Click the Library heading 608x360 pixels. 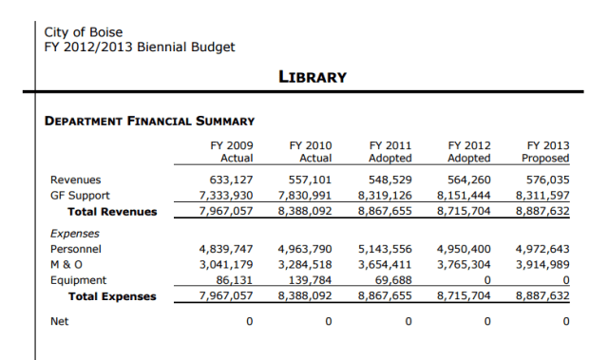312,77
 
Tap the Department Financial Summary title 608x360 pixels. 149,121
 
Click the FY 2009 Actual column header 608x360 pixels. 231,152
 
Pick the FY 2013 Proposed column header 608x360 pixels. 547,152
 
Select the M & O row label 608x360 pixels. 66,264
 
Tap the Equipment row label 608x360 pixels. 78,280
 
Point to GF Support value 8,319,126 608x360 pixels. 384,195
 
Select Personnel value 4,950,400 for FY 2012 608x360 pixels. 464,248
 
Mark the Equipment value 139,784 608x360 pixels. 311,280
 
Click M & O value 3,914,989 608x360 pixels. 542,264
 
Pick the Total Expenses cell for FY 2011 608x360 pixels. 384,296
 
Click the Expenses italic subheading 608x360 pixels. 75,233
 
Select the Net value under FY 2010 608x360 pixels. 329,321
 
